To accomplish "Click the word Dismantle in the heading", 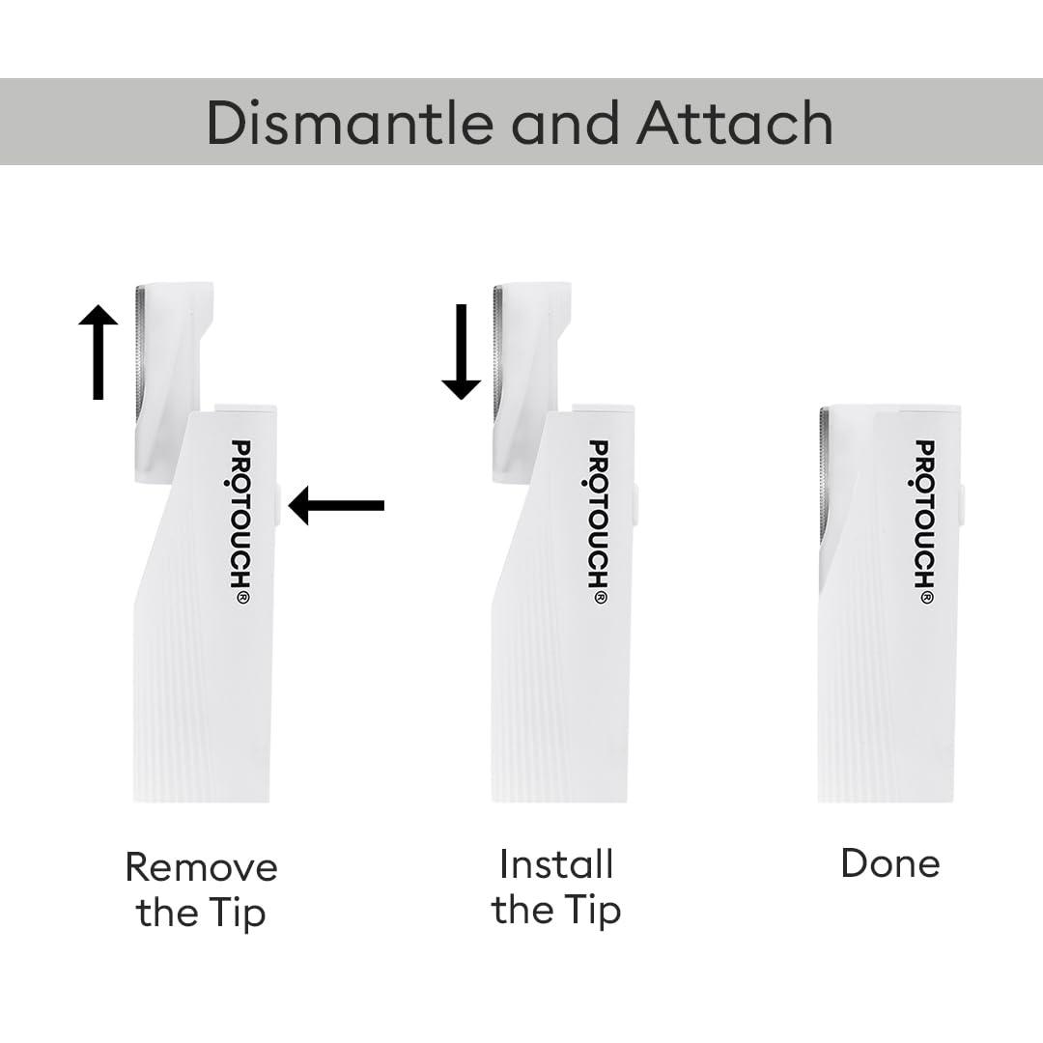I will click(350, 123).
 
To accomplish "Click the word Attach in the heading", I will click(734, 123).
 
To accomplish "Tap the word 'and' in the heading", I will click(563, 123).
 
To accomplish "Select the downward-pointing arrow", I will click(461, 351).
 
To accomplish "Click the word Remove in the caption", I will click(201, 867).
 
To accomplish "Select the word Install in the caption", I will click(556, 864).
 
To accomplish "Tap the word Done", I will click(889, 863).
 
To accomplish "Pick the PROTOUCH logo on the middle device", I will click(599, 521).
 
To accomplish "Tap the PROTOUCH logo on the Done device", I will click(925, 521).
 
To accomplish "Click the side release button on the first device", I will click(278, 505).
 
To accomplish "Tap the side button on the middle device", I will click(635, 505).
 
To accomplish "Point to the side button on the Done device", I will click(962, 505).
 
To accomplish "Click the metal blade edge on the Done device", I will click(824, 473).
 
